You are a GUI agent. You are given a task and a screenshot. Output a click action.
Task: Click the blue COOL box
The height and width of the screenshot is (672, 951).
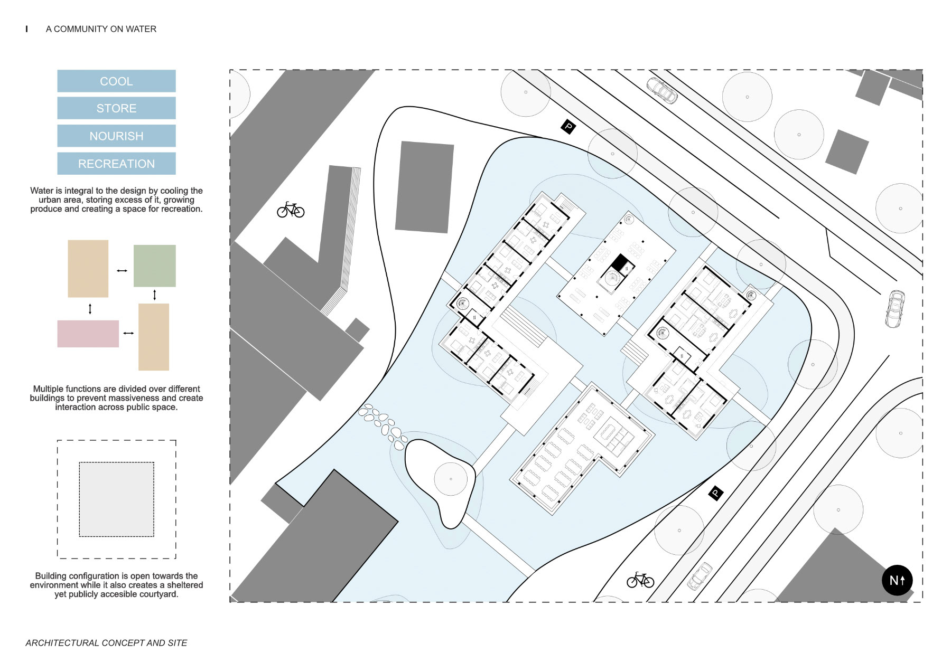pos(116,81)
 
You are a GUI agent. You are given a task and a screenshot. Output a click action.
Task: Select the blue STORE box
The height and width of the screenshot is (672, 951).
pos(116,108)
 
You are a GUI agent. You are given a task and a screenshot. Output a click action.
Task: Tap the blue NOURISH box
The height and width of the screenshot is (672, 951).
pos(116,136)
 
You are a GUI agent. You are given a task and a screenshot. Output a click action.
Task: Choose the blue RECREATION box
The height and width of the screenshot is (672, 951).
pos(116,164)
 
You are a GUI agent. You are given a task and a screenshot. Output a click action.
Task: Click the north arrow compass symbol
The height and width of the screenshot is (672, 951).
pos(897,580)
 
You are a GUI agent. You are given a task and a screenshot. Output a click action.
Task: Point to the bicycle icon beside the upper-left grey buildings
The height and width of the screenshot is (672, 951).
pos(291,210)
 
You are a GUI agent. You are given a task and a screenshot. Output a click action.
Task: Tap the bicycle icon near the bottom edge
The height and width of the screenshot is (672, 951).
pos(640,580)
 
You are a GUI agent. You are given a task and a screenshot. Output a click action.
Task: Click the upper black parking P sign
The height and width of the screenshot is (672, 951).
pos(568,126)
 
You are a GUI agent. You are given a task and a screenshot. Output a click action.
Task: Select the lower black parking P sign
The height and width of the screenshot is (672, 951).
pos(715,493)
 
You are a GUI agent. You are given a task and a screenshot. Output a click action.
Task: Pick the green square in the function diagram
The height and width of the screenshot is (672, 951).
pos(154,266)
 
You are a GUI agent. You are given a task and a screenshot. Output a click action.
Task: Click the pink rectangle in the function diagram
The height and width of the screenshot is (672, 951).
pos(88,334)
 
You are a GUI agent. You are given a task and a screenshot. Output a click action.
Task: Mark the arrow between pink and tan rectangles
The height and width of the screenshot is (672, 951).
pos(128,333)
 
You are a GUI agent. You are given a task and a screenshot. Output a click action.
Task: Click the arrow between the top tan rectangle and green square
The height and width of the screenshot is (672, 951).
pos(122,271)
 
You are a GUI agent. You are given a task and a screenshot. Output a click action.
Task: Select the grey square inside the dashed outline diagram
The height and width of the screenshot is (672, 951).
pos(116,499)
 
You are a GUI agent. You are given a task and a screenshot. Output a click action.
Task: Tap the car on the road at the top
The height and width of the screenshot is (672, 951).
pos(662,90)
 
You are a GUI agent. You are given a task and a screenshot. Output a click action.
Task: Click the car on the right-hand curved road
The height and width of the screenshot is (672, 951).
pos(894,309)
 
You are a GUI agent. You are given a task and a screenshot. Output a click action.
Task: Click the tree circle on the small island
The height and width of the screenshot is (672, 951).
pos(451,479)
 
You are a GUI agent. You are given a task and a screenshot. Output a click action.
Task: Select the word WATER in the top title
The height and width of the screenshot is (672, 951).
pos(141,29)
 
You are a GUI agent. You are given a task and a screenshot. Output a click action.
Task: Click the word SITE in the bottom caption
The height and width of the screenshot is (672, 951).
pos(178,643)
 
